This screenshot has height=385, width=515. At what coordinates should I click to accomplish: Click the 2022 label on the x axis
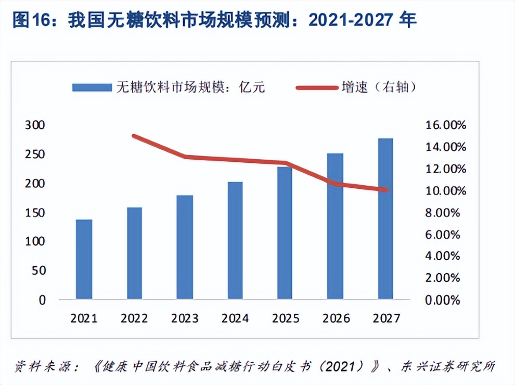coord(134,318)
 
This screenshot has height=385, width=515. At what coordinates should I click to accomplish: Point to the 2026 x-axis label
coord(335,318)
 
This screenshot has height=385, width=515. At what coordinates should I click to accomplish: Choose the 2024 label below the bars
coord(235,318)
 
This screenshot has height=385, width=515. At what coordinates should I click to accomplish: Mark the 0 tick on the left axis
coord(42,300)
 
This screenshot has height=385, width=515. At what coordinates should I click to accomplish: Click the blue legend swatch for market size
coord(92,87)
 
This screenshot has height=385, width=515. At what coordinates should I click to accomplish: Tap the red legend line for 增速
coord(316,87)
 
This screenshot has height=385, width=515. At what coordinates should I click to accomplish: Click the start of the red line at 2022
coord(134,136)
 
